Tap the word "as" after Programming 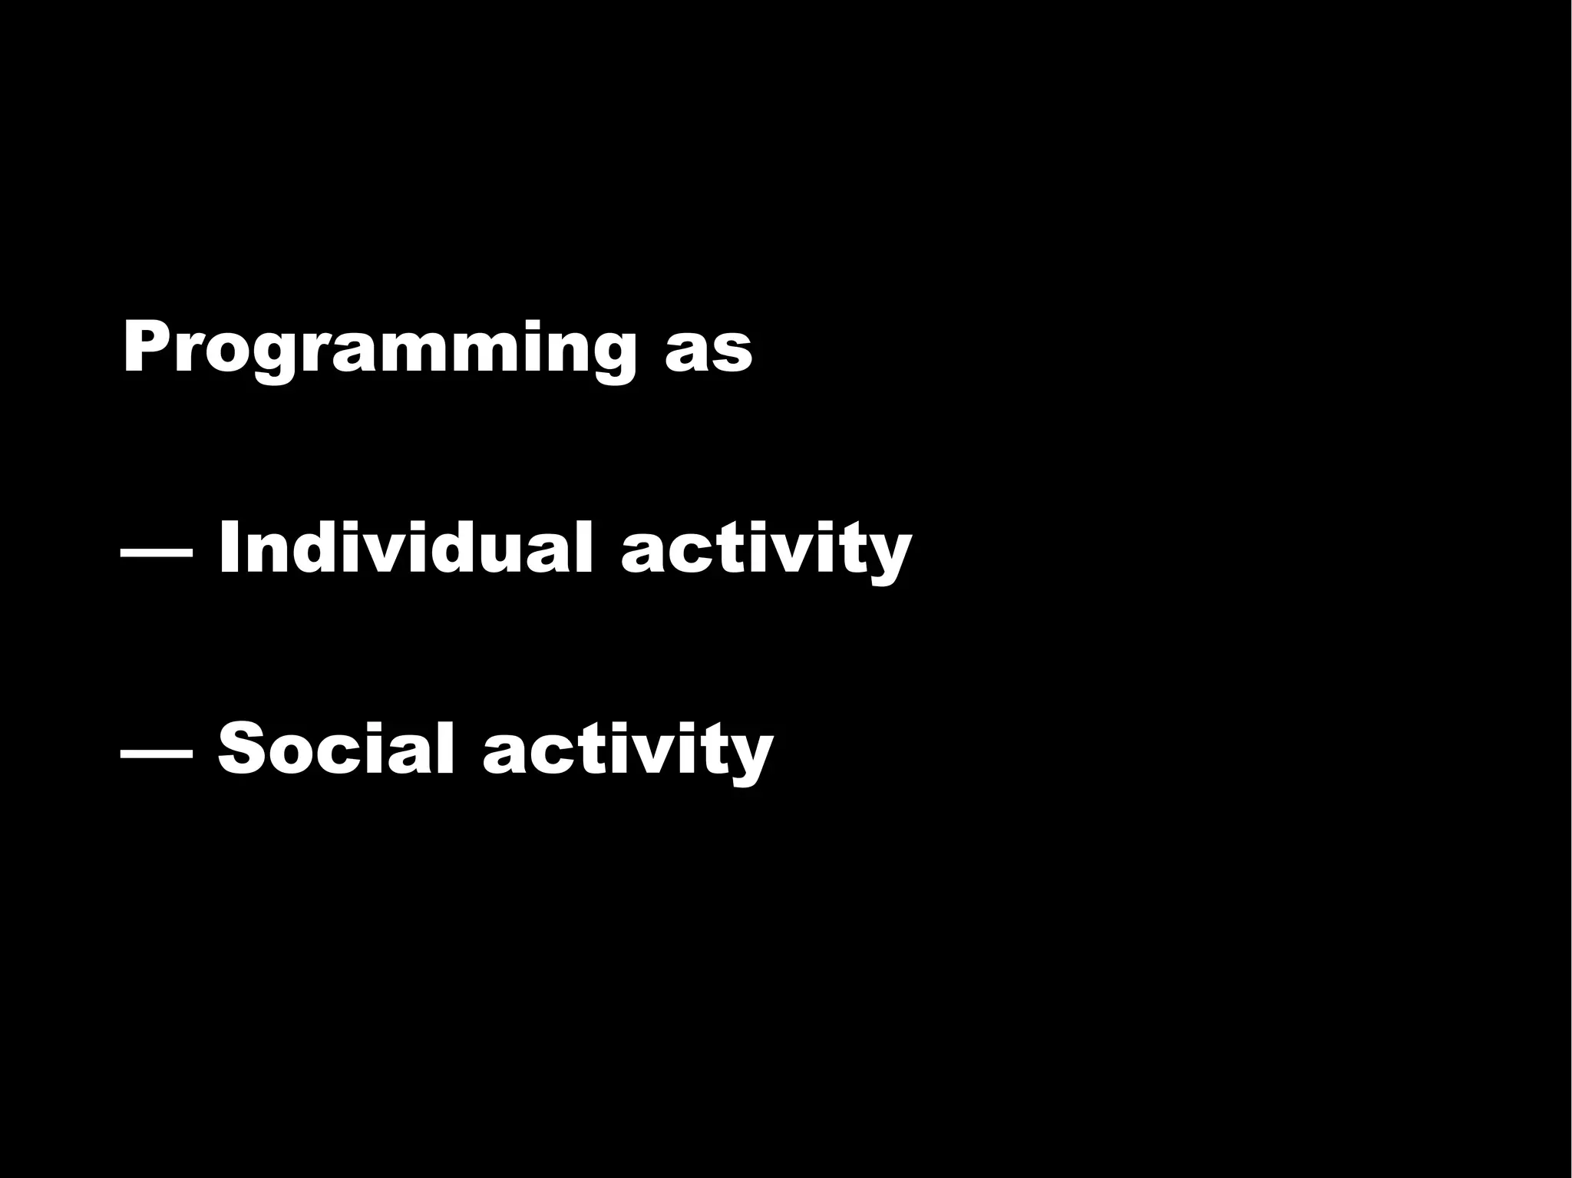click(708, 355)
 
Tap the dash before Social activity click(157, 753)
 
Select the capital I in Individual click(228, 546)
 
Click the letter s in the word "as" click(731, 355)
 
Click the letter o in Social click(296, 753)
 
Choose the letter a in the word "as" click(685, 355)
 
